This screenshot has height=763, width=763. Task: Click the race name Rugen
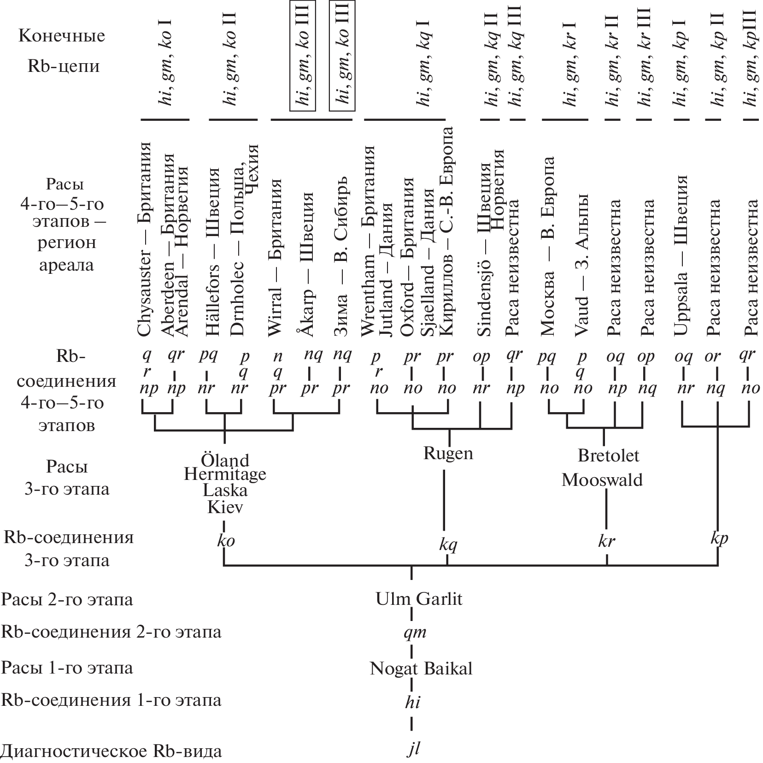click(448, 453)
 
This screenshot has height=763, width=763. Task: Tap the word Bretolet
click(608, 455)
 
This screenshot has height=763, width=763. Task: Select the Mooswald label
click(602, 480)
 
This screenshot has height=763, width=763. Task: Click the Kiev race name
click(225, 507)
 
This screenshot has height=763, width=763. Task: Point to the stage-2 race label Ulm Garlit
click(419, 599)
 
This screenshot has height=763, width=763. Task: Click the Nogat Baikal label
click(421, 668)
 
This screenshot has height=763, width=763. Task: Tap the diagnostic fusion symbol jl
click(414, 750)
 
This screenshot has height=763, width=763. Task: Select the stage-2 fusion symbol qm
click(415, 632)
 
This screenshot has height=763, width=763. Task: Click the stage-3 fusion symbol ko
click(226, 540)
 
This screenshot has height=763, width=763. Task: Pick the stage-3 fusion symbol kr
click(606, 541)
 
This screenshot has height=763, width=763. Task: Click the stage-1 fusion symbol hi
click(412, 702)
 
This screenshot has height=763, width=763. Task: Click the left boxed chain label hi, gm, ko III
click(302, 55)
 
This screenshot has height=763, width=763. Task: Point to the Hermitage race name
click(225, 474)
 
